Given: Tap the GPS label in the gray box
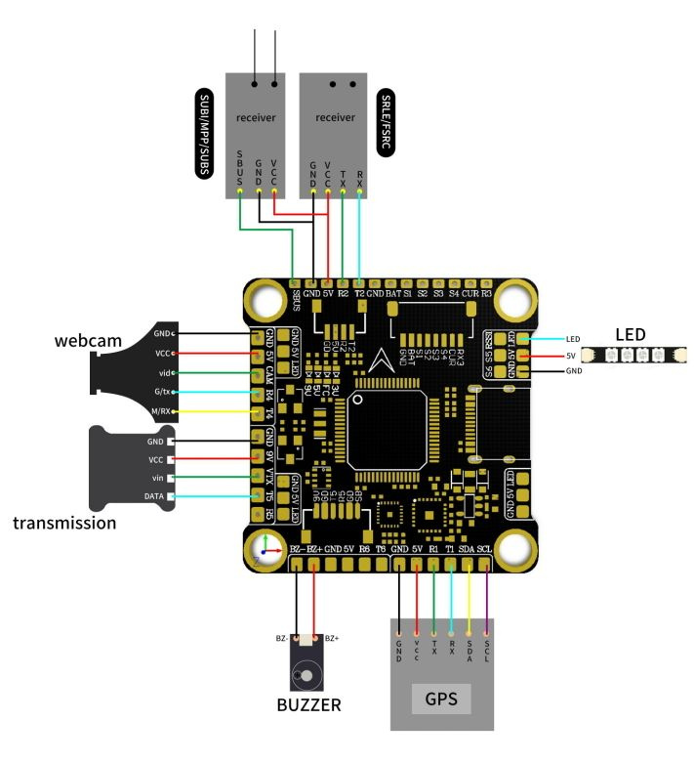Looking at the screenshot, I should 441,699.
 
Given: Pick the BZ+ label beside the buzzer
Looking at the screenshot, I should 331,638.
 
